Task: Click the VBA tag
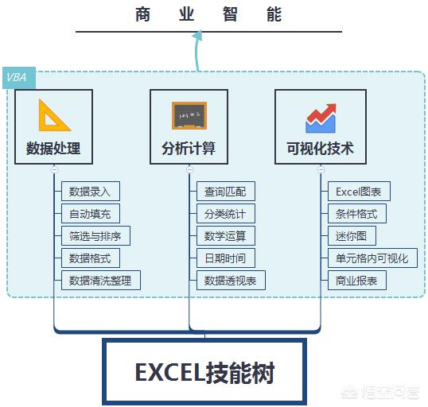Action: [x=19, y=78]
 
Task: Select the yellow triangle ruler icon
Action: [x=54, y=115]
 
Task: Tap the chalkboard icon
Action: [x=189, y=116]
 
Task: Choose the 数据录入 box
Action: [x=91, y=192]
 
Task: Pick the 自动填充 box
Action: [x=91, y=214]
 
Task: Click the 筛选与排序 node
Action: [x=95, y=236]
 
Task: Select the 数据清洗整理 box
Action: [x=101, y=280]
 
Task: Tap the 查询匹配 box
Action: [x=226, y=192]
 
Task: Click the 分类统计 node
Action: [x=226, y=214]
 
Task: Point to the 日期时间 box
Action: [x=226, y=258]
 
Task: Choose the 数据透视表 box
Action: [x=231, y=280]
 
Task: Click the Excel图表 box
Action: [x=359, y=192]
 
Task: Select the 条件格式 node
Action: [x=357, y=214]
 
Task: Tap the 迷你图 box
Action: [x=352, y=236]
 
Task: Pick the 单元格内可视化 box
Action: [x=372, y=258]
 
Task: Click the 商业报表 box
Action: [x=357, y=280]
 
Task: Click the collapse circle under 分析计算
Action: [x=189, y=169]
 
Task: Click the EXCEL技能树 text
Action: [x=204, y=373]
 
